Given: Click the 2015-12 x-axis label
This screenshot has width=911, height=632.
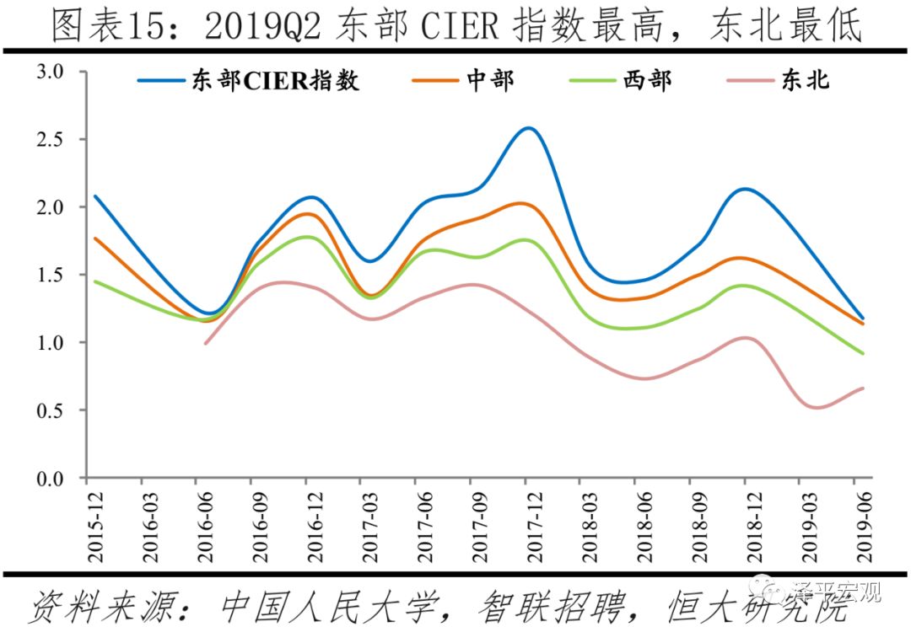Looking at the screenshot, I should (94, 527).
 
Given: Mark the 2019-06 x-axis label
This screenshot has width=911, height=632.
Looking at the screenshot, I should (860, 527).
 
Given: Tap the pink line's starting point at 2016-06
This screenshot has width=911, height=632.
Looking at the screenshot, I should (205, 343).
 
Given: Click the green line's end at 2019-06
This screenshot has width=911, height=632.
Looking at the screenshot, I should (862, 353).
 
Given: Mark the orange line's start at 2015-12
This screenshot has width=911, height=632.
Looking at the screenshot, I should (94, 238).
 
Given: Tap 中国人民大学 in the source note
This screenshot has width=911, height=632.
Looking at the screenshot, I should (329, 605).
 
